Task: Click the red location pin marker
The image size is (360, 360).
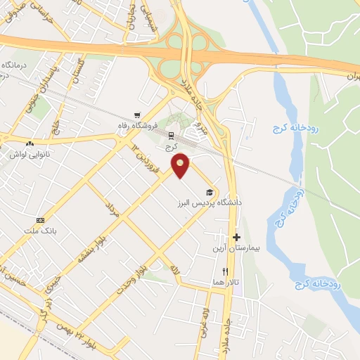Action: pos(181,165)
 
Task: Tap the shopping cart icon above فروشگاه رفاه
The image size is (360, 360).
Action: pos(136,115)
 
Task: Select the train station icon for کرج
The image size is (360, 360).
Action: pos(169,135)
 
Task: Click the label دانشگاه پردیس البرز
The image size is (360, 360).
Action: pos(208,202)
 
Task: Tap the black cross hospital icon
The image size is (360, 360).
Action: pos(236,238)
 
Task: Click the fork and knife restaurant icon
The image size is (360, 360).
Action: pos(225,271)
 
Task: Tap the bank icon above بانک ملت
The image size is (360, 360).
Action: pos(40,219)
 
